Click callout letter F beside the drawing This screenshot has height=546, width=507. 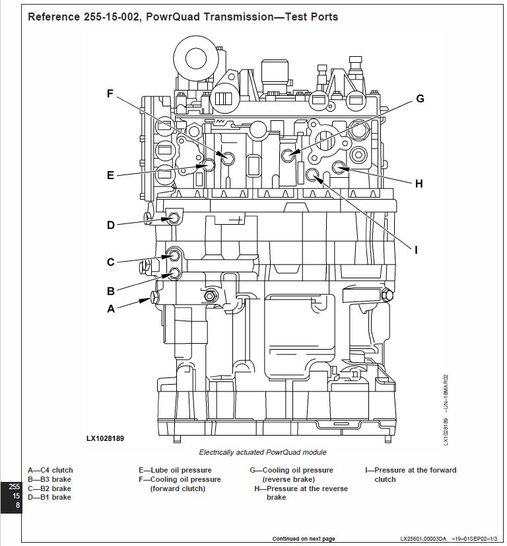click(x=110, y=94)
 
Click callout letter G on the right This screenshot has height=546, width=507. click(x=420, y=99)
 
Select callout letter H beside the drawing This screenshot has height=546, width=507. click(x=419, y=184)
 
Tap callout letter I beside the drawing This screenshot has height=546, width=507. click(x=416, y=250)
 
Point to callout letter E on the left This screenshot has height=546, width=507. click(x=110, y=175)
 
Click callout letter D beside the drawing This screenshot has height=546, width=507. click(x=110, y=225)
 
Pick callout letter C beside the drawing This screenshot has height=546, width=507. click(x=110, y=262)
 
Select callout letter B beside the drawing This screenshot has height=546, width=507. click(x=110, y=291)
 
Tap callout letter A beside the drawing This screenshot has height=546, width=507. click(x=110, y=308)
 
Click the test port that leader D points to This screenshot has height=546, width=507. click(x=174, y=218)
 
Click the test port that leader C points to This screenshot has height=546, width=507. click(x=175, y=257)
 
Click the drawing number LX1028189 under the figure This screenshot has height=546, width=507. click(x=105, y=438)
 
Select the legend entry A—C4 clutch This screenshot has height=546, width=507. click(x=50, y=471)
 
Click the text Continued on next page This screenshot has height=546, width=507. click(x=303, y=539)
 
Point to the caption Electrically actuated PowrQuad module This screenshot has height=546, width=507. click(x=262, y=452)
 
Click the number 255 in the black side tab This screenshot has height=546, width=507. click(x=14, y=487)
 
